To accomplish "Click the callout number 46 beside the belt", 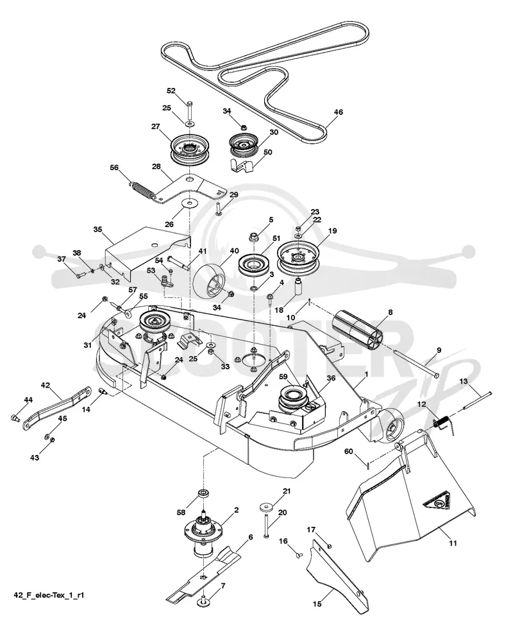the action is (338, 112).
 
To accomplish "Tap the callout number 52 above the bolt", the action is (171, 90).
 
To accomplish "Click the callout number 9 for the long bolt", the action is (439, 350).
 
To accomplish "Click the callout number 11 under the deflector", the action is (453, 543).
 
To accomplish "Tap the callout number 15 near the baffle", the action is (317, 604).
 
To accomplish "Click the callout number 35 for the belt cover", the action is (98, 230).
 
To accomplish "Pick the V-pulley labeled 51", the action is (253, 266).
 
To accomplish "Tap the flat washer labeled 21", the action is (265, 506).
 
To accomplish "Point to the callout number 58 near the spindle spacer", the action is (181, 512).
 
